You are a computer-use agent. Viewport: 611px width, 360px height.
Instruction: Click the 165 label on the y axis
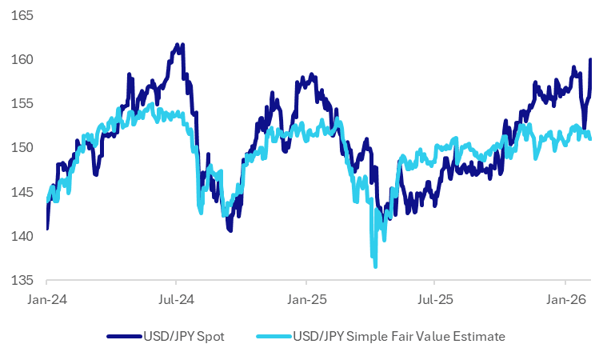point(22,15)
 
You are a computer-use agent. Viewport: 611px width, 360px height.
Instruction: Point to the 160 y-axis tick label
point(22,60)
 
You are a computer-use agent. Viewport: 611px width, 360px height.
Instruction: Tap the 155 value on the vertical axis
point(22,104)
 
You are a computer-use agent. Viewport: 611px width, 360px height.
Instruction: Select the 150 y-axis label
point(22,148)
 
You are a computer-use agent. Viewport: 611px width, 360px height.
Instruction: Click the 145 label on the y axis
point(22,192)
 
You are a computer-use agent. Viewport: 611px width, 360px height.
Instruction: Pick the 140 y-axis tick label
point(22,236)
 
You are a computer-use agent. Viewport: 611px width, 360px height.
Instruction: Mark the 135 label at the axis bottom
point(22,280)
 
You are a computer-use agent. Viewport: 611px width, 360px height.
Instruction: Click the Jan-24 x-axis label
point(47,300)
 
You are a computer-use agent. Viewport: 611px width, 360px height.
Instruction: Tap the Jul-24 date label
point(176,300)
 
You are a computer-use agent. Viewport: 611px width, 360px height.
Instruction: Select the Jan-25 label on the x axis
point(306,300)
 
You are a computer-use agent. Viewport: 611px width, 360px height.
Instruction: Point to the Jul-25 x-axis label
point(435,300)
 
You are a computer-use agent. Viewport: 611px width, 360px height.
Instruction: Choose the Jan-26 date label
point(566,300)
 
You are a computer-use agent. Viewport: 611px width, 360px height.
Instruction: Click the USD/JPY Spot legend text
point(184,336)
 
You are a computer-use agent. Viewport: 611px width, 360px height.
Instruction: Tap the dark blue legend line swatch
point(124,336)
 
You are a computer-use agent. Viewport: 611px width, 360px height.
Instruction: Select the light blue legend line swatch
point(274,336)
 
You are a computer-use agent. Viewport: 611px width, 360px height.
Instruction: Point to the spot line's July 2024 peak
point(178,45)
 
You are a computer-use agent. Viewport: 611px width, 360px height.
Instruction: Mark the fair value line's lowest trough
point(375,267)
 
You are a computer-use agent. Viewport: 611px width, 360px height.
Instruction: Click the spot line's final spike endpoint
point(590,59)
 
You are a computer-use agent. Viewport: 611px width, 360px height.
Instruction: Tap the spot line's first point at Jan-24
point(47,229)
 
